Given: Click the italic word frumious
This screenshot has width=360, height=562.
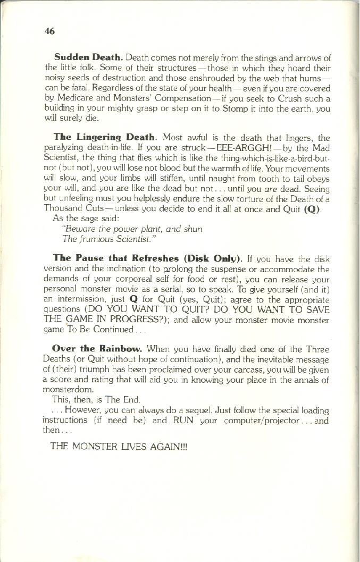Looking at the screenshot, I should (98, 239).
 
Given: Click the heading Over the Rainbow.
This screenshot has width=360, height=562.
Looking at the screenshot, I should (97, 349).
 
